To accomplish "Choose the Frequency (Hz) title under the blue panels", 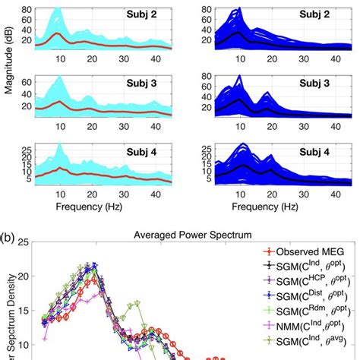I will [267, 206].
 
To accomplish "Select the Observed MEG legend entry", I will [304, 251].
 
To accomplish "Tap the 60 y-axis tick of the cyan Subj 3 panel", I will [25, 80].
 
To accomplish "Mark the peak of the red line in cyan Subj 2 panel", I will [58, 33].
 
